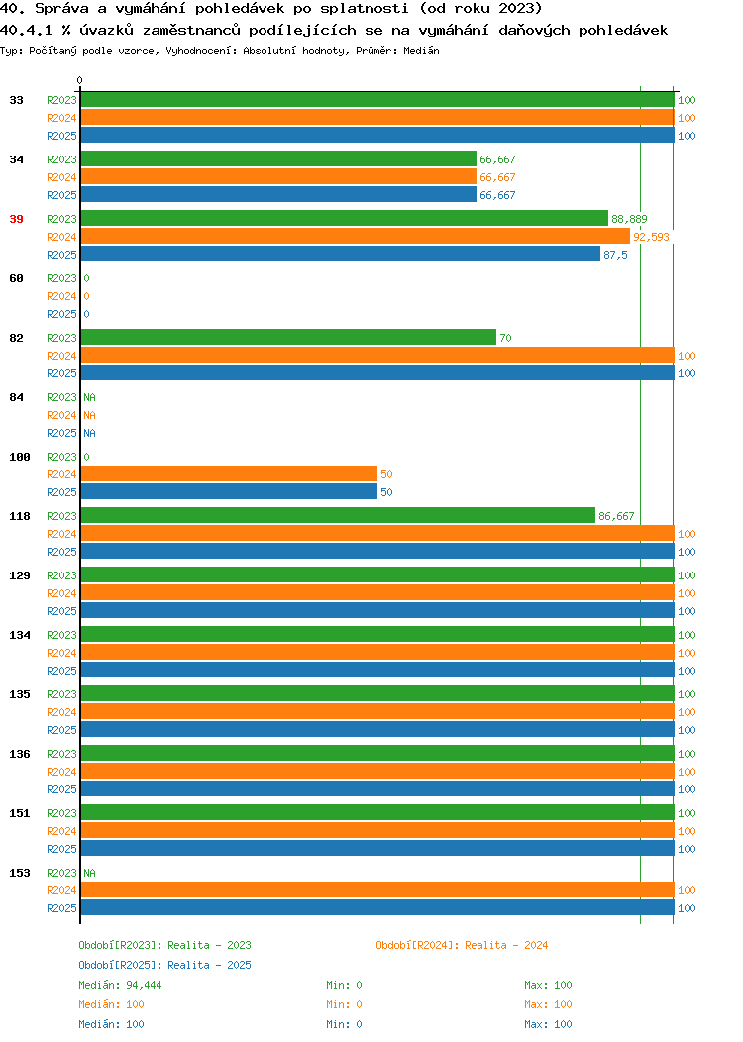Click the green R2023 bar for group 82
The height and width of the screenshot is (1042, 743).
tap(288, 337)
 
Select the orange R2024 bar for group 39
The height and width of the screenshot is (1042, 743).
tap(356, 236)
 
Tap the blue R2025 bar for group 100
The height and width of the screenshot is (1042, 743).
tap(229, 491)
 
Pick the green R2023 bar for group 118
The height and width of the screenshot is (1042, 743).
tap(338, 516)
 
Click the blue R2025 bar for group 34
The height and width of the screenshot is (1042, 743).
tap(278, 195)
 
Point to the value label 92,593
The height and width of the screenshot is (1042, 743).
tap(651, 237)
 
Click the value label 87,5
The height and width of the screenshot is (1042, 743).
tap(615, 255)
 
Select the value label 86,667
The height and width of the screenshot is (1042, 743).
tap(616, 516)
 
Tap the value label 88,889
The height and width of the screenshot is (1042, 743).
tap(629, 219)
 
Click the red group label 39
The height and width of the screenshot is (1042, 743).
tap(17, 219)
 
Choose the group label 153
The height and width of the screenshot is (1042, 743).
tap(20, 873)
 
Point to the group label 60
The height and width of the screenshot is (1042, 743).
tap(17, 278)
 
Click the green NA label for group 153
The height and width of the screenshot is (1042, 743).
tap(90, 873)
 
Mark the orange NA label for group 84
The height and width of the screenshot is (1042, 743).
tap(90, 415)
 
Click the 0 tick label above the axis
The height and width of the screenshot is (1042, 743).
tap(80, 81)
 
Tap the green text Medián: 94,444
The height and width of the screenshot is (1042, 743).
tap(120, 985)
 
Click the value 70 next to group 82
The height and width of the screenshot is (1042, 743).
tap(506, 338)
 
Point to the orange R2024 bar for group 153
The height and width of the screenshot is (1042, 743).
tap(377, 889)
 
